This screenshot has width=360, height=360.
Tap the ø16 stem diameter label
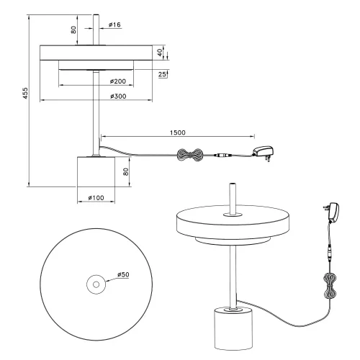point(115,25)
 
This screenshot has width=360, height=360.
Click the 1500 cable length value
point(180,132)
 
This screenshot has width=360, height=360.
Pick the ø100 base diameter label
point(96,197)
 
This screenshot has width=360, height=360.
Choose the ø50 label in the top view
point(122,275)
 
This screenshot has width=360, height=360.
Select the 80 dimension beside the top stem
point(75,30)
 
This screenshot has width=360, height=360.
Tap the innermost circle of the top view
point(96,283)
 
